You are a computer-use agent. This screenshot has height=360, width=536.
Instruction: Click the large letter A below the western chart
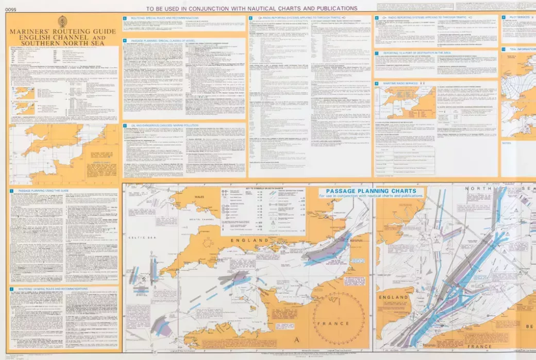(296, 340)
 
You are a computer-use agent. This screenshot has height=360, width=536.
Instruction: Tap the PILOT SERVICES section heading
(520, 17)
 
